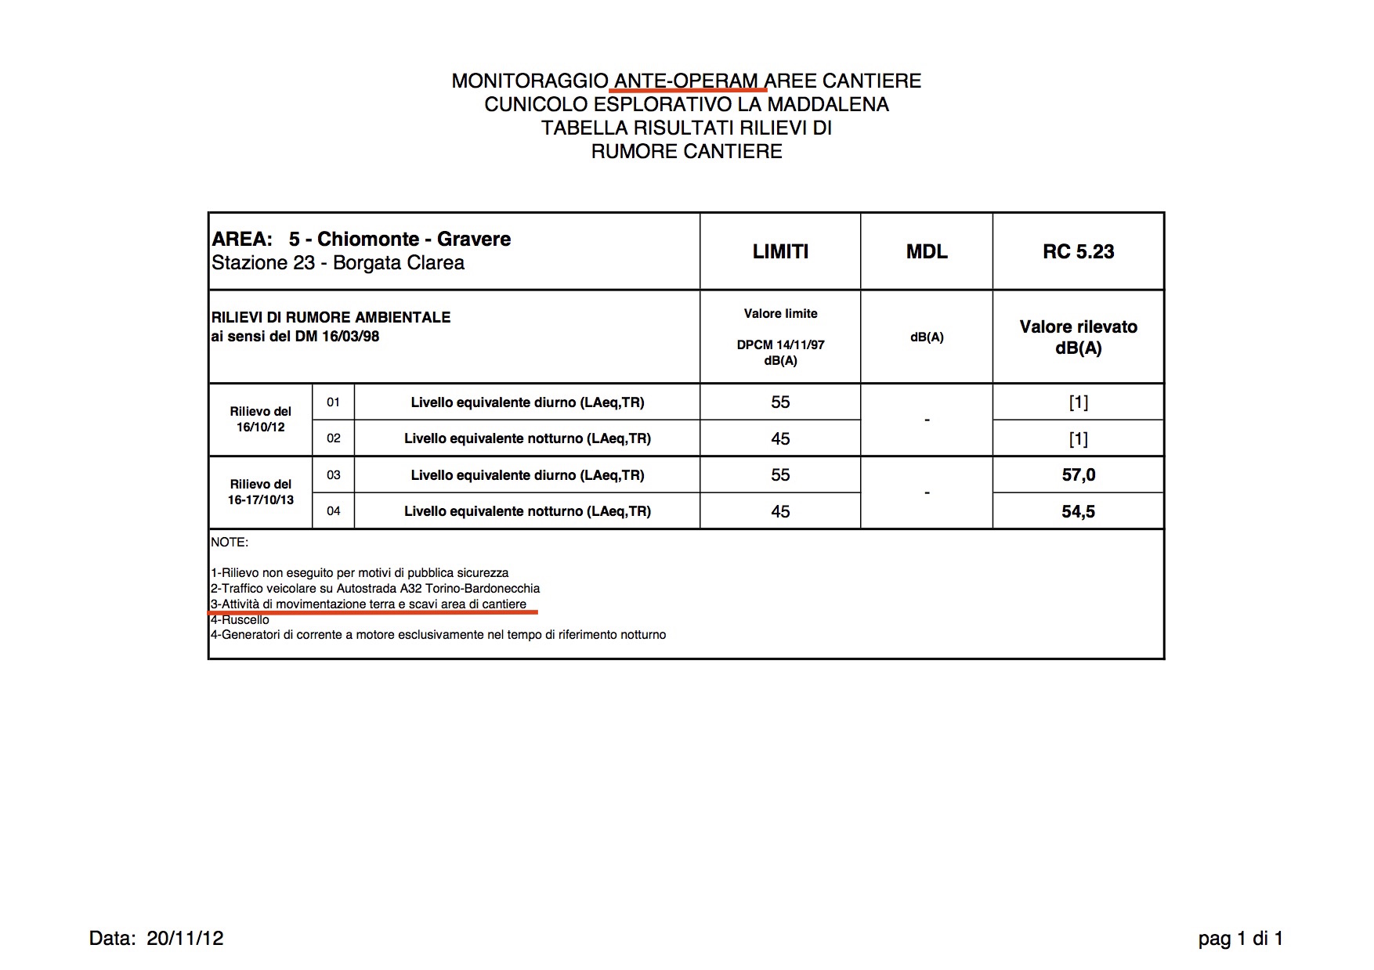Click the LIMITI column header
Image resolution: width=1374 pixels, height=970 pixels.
(780, 251)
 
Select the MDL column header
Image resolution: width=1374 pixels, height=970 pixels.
(927, 251)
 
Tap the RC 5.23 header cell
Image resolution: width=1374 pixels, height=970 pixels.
(1078, 251)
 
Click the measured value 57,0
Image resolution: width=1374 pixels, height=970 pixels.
(1078, 474)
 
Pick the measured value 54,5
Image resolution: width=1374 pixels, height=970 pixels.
(1078, 511)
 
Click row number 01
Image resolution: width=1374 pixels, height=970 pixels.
(334, 402)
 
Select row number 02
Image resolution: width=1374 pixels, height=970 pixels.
(334, 438)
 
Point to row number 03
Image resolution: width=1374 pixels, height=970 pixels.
(334, 474)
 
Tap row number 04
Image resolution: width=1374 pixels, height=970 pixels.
(334, 511)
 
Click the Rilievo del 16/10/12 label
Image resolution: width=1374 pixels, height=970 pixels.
(261, 419)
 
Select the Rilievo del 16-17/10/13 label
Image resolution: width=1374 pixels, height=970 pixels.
(261, 492)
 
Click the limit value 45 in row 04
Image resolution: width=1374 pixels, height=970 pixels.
(780, 511)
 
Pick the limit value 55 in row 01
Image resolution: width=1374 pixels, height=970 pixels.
(780, 402)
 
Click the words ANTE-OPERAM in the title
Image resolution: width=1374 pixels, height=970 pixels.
(686, 81)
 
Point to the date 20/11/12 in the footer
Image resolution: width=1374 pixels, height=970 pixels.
(185, 938)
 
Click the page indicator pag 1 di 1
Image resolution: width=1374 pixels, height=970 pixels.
(1241, 938)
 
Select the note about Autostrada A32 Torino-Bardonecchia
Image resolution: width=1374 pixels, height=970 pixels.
(375, 588)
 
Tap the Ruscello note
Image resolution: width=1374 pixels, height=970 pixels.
(240, 619)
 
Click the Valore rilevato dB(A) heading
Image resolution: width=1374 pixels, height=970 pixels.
(1078, 337)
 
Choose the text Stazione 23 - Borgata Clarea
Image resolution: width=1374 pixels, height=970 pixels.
(338, 263)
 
